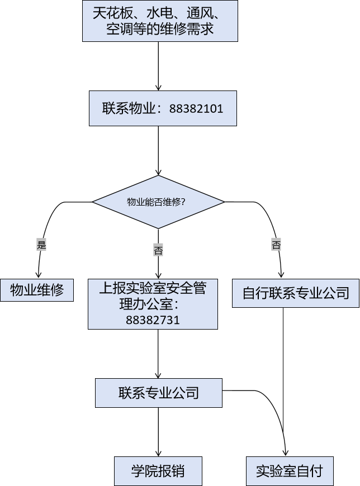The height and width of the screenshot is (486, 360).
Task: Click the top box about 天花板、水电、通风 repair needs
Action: pos(160,21)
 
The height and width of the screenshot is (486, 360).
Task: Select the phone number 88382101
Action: pos(196,109)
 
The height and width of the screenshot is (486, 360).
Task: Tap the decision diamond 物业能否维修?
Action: pos(158,202)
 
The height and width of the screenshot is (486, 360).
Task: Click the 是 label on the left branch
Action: pos(41,245)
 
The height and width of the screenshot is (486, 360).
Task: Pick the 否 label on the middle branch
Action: pos(158,250)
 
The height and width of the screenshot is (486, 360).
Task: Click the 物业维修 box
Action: pos(37,290)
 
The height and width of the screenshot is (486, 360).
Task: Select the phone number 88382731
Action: pos(153,320)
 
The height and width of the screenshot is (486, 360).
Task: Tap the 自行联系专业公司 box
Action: pos(296,293)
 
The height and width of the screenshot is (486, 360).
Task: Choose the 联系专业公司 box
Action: pos(159,393)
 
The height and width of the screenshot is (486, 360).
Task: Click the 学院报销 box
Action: pos(158,471)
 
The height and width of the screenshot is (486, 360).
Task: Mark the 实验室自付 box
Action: pos(290,471)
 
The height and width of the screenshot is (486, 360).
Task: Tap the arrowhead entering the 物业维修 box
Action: pos(38,275)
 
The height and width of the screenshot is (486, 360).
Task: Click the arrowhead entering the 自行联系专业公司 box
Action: pos(280,274)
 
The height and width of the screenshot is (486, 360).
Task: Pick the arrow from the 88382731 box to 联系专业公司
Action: pos(159,353)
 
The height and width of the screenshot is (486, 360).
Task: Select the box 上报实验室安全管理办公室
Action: pos(152,297)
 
